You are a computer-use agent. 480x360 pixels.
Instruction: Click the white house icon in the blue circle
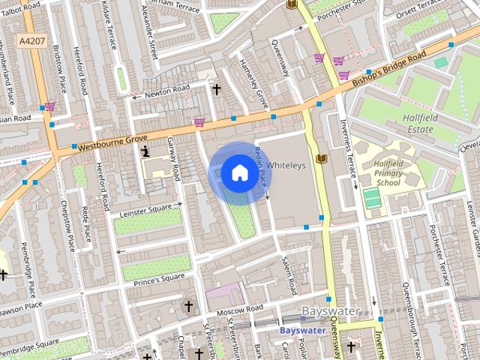tap(238, 173)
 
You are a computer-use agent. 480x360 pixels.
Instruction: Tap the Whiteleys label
tap(286, 165)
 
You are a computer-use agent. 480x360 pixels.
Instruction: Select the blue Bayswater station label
tap(301, 330)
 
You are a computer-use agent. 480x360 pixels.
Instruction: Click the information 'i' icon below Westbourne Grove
tap(145, 151)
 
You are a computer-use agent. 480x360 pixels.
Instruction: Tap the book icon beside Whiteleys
tap(321, 159)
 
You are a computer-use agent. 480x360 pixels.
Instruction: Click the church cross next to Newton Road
tap(217, 89)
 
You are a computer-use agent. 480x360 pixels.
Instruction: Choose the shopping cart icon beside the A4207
tap(49, 106)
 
